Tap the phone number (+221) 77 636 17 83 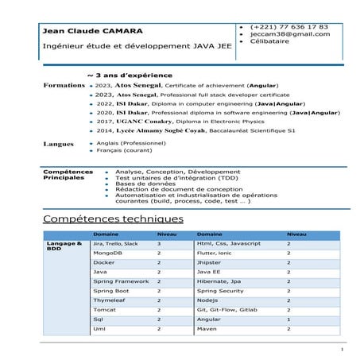point(288,26)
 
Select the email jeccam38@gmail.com point(289,35)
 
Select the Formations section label point(63,84)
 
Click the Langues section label point(56,144)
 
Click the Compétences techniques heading point(113,218)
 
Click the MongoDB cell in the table point(107,253)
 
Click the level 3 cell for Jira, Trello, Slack point(159,243)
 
